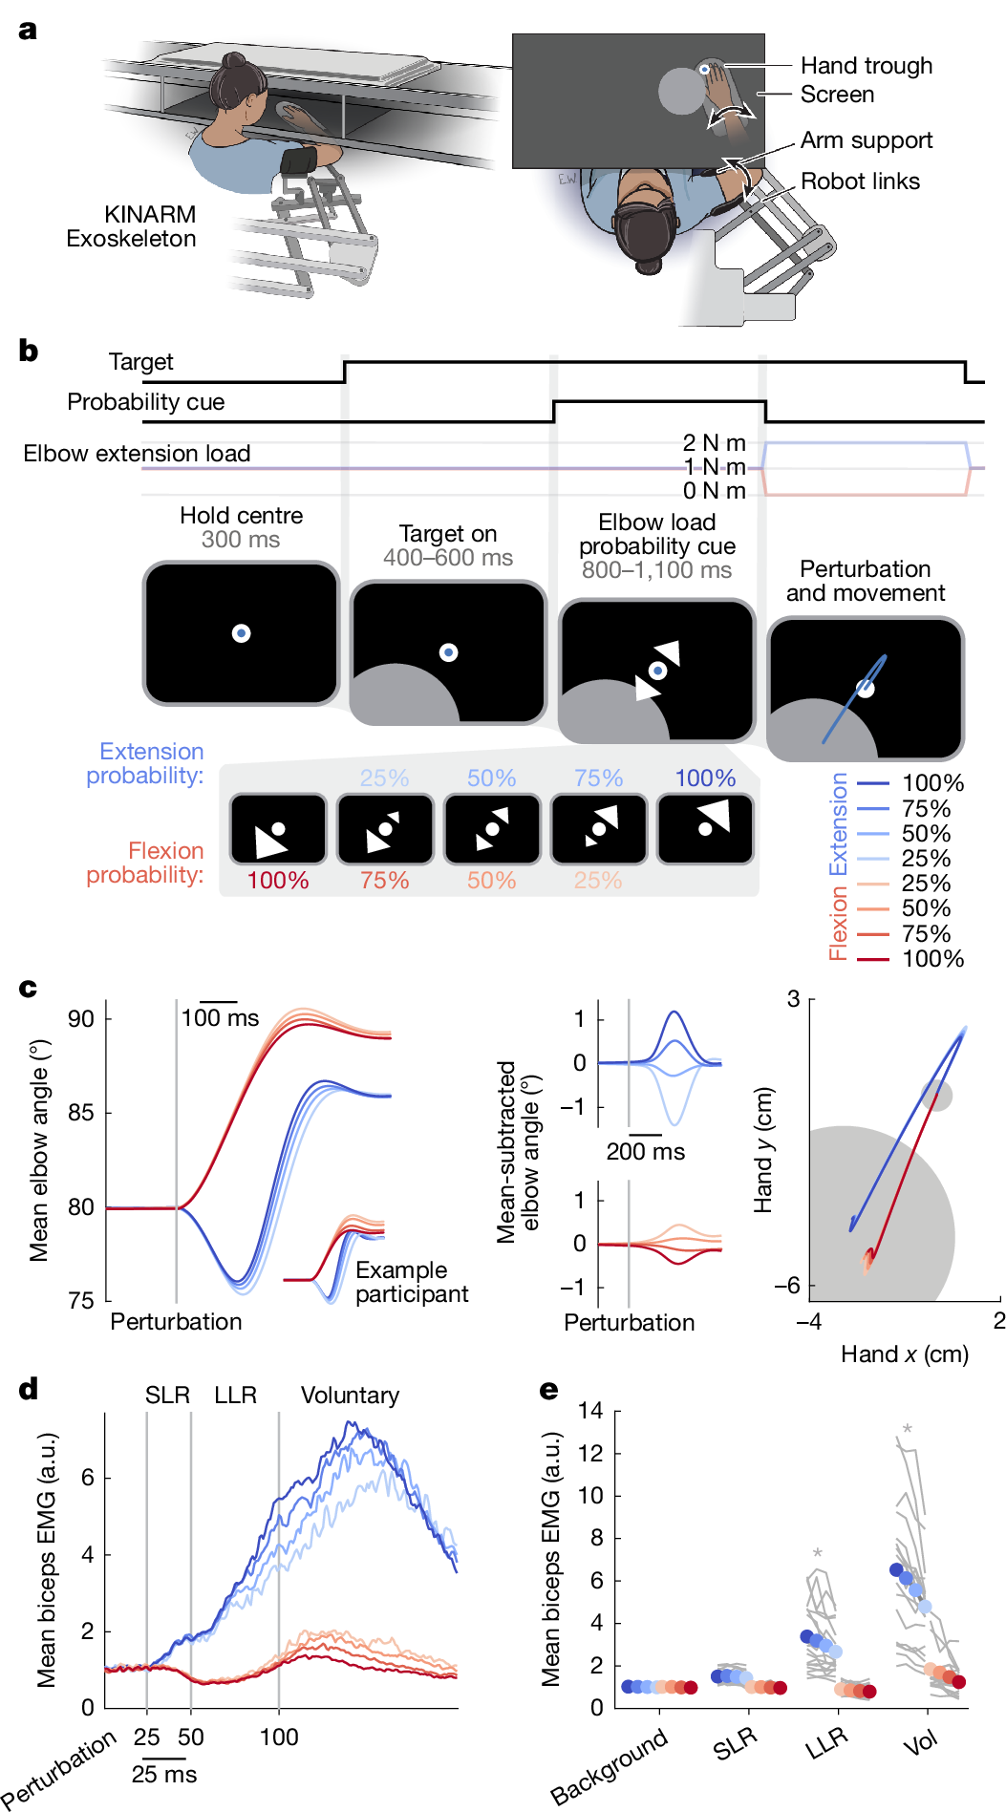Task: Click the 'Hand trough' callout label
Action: (866, 66)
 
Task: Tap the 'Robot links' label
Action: (860, 181)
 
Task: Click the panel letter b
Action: (29, 352)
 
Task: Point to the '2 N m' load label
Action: (714, 443)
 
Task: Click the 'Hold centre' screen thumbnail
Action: (242, 632)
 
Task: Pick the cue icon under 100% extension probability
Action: (706, 828)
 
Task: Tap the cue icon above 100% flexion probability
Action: (278, 828)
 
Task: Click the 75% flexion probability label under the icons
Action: (384, 881)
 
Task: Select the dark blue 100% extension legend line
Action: (873, 783)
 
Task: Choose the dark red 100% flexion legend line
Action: (873, 959)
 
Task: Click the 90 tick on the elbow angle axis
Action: (81, 1019)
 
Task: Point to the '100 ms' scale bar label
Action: (220, 1018)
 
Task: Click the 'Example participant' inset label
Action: (411, 1282)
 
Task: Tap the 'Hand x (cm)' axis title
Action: (904, 1354)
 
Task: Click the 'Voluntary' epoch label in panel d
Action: (350, 1396)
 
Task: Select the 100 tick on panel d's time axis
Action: (279, 1737)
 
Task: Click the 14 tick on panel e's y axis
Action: (590, 1411)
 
